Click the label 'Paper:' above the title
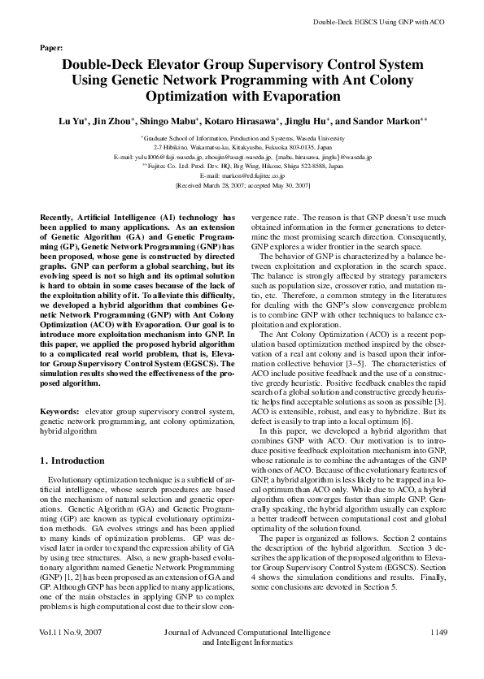pos(51,48)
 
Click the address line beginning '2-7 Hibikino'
pos(242,148)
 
